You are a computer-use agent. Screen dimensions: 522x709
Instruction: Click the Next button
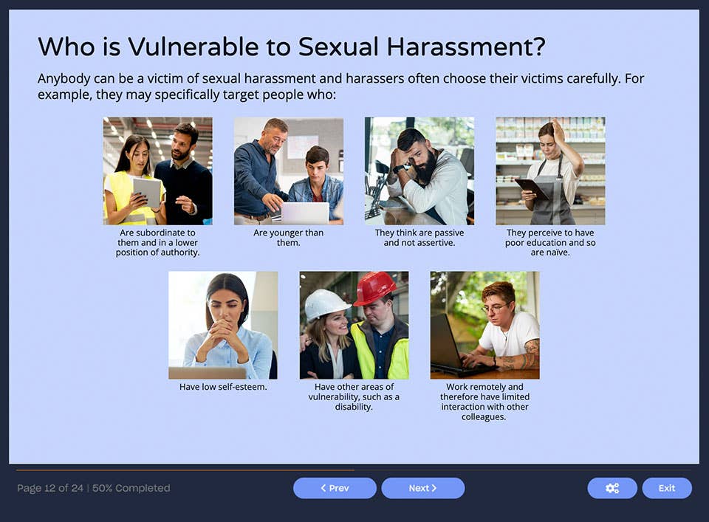click(x=422, y=488)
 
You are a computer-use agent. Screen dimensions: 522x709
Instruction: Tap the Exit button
click(x=666, y=488)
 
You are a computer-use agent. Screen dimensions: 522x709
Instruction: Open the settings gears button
click(x=612, y=488)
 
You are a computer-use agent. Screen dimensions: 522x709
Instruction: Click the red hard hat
click(x=374, y=287)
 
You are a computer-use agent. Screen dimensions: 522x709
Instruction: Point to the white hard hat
click(x=326, y=303)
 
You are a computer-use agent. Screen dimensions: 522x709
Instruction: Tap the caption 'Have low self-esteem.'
click(x=223, y=387)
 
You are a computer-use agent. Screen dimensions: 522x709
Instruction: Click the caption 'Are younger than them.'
click(x=288, y=238)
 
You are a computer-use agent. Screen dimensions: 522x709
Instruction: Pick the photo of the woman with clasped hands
click(x=223, y=325)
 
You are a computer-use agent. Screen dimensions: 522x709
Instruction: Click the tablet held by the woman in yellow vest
click(x=147, y=190)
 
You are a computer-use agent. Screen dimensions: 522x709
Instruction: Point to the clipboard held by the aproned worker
click(x=531, y=189)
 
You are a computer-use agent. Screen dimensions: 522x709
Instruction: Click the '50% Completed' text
click(x=131, y=488)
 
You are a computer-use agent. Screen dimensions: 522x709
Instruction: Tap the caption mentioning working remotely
click(x=484, y=402)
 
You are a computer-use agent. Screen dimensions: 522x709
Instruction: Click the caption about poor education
click(x=550, y=242)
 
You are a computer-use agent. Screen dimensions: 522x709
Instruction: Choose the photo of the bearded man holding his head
click(x=419, y=171)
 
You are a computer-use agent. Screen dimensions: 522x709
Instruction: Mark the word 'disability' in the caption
click(x=354, y=407)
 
